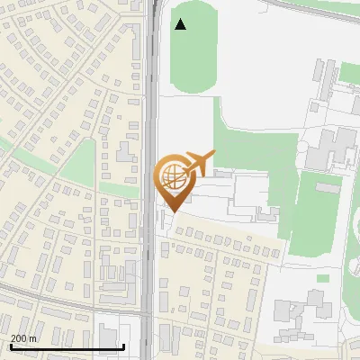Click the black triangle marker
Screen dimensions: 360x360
click(x=180, y=24)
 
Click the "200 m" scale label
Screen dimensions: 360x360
click(x=23, y=338)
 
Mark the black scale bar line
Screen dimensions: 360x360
click(x=67, y=346)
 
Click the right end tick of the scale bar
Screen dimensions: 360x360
click(x=123, y=345)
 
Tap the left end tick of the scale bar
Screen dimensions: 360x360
click(x=10, y=345)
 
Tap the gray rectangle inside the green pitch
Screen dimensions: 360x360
click(x=326, y=188)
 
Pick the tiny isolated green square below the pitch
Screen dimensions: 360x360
click(x=323, y=278)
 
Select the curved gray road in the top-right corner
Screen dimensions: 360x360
click(x=315, y=11)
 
